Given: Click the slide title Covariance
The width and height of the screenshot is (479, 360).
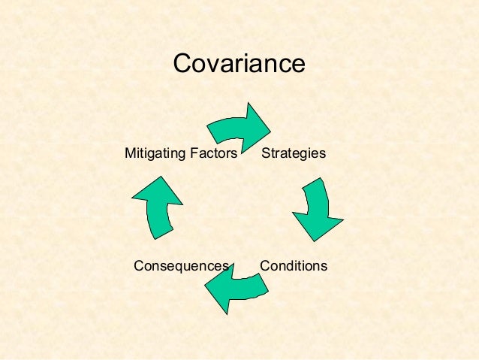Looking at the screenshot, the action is click(x=239, y=63).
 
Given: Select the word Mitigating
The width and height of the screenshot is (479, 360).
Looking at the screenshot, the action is click(x=153, y=153).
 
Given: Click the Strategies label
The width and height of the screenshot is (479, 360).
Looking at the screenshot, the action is click(x=294, y=153).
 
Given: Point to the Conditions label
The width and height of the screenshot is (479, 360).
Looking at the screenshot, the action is click(x=294, y=266).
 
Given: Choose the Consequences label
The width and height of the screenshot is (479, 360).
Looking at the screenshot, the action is click(x=181, y=266).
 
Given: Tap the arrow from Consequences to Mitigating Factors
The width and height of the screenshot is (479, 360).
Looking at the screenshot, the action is click(x=158, y=207).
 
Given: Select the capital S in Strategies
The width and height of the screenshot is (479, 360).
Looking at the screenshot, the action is click(x=265, y=153).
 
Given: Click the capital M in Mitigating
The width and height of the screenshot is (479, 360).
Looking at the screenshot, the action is click(x=129, y=153).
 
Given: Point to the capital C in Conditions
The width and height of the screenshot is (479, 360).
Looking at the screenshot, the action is click(x=264, y=266).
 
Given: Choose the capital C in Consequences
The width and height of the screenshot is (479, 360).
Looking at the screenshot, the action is click(x=138, y=266).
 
